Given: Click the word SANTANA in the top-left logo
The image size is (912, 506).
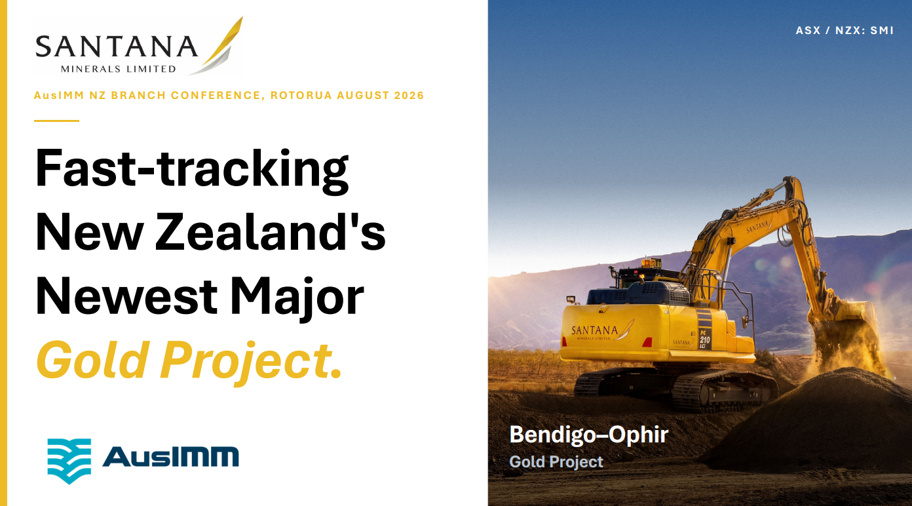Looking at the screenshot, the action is pos(117,47).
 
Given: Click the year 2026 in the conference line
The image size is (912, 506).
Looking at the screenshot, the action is pos(409,95).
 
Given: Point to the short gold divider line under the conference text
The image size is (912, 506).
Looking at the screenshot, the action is pos(56,121).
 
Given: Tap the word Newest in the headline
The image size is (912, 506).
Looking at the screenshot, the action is pos(126,296).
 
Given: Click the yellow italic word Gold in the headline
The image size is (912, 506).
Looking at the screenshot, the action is pos(92,359).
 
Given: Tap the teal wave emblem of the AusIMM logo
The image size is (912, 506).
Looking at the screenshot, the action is pos(69,461).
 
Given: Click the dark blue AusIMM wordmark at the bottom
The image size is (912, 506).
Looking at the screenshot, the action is pos(170,456).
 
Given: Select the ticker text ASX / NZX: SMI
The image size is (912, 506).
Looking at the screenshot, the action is pos(845,31).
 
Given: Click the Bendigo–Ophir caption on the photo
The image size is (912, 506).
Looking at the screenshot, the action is pos(589,435).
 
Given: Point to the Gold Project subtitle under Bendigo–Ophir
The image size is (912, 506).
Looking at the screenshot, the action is pos(556,461).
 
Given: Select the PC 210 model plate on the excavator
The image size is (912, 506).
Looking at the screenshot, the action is pos(704,339).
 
